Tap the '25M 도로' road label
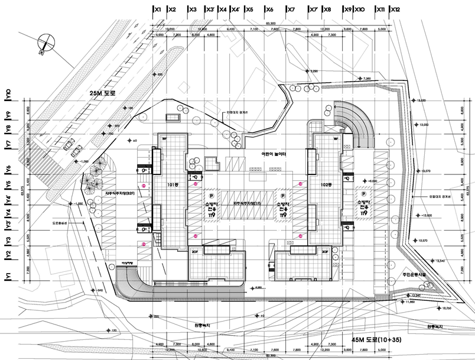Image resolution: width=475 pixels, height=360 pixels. coord(101,93)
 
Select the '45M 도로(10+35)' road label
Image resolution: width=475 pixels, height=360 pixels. coord(377,340)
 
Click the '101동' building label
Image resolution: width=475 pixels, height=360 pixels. coord(172,184)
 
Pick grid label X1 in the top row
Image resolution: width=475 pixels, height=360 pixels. coord(157,9)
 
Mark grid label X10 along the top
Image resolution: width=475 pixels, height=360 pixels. coord(360,9)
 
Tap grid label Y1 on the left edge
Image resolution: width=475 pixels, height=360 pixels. coord(7,275)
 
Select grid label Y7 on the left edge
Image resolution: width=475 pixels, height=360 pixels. coord(7,144)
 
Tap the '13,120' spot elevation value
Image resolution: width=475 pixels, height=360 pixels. coord(421,100)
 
